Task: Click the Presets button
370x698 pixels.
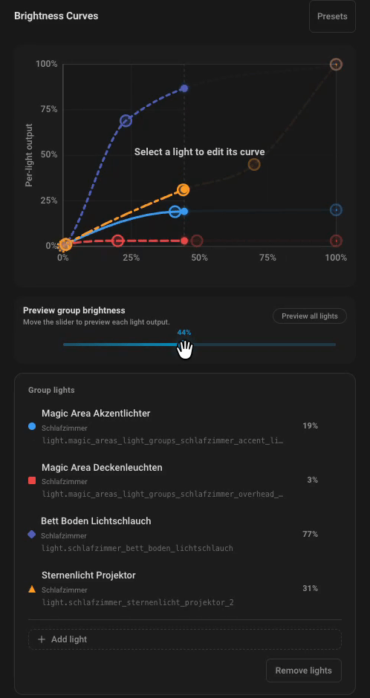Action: (332, 16)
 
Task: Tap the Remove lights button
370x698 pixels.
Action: (304, 671)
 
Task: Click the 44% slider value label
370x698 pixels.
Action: (184, 332)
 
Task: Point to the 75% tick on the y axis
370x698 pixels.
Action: (47, 109)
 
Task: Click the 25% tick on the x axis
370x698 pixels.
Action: (131, 258)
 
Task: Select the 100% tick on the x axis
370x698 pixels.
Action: (336, 258)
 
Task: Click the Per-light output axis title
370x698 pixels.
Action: (29, 155)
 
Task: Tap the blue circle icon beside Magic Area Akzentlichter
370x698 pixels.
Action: (32, 426)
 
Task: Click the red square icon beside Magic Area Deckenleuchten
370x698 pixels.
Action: (32, 480)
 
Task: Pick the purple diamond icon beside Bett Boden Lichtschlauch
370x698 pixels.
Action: (32, 534)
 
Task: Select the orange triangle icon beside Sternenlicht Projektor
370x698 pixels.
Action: (32, 589)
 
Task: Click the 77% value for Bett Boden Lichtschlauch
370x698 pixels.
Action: (310, 534)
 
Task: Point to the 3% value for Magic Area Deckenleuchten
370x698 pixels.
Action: (312, 480)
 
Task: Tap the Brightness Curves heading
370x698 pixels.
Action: (56, 16)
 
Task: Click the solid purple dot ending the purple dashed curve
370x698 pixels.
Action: (184, 88)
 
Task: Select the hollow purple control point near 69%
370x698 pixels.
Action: (126, 120)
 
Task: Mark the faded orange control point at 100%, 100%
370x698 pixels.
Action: (336, 65)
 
